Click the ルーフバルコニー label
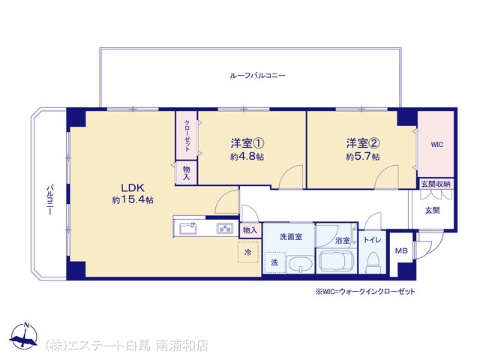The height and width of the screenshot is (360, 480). [257, 75]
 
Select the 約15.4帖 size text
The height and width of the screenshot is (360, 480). [133, 200]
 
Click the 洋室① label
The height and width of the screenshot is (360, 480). [247, 143]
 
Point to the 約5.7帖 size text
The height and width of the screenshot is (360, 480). [363, 157]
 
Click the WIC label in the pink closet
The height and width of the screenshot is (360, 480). [436, 145]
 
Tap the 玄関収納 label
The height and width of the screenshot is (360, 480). [436, 184]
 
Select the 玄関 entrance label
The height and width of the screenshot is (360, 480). [433, 210]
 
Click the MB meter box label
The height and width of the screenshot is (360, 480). [401, 251]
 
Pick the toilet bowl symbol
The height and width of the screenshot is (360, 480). [373, 261]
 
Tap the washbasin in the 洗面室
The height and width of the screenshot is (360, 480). [300, 265]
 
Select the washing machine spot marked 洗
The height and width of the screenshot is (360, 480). [275, 262]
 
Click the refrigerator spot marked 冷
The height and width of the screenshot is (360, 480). [248, 252]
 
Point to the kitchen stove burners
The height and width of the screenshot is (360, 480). [225, 228]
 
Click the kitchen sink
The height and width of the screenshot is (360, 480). [188, 228]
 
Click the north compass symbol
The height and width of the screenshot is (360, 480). [24, 336]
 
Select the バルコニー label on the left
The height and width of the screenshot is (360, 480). [49, 199]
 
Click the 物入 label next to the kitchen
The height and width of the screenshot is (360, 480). [250, 230]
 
